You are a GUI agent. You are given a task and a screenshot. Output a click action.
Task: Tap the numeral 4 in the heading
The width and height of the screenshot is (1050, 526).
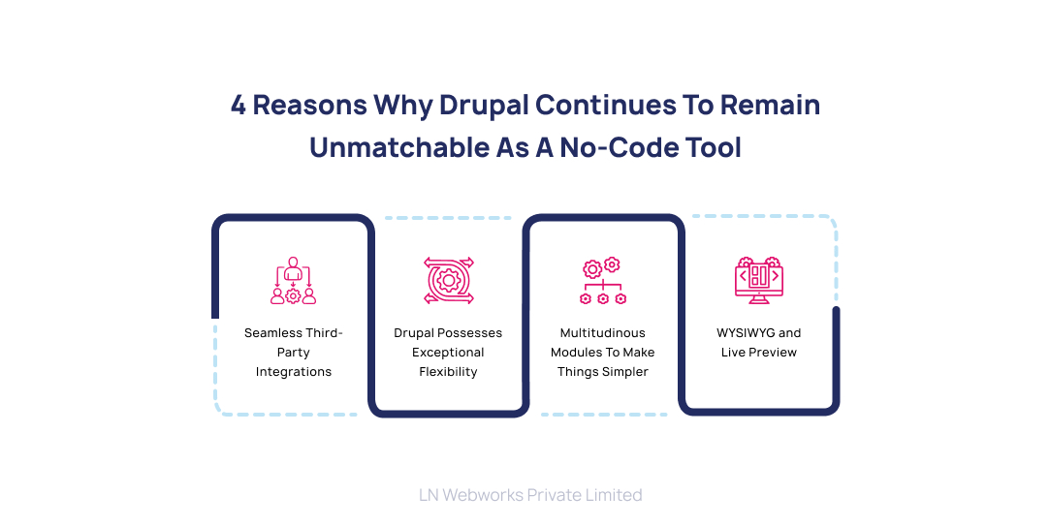click(238, 106)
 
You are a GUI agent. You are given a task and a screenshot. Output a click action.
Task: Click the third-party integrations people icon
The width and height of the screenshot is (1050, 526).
click(293, 281)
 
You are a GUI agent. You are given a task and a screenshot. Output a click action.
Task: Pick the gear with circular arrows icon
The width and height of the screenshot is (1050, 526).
click(448, 281)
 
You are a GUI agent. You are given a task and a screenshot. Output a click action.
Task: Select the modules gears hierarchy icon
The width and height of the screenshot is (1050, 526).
click(603, 281)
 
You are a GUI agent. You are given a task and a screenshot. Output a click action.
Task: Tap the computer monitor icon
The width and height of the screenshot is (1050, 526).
click(758, 279)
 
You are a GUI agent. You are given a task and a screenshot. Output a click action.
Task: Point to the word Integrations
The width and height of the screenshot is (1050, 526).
click(294, 372)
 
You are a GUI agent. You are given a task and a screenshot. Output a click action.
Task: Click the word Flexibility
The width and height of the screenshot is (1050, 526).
click(448, 372)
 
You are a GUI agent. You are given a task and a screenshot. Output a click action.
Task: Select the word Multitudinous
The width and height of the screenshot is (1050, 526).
click(603, 333)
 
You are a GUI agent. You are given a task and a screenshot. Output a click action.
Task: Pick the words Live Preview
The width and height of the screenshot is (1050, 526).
click(759, 353)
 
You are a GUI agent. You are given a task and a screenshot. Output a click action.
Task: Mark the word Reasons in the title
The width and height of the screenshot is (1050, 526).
click(309, 106)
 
